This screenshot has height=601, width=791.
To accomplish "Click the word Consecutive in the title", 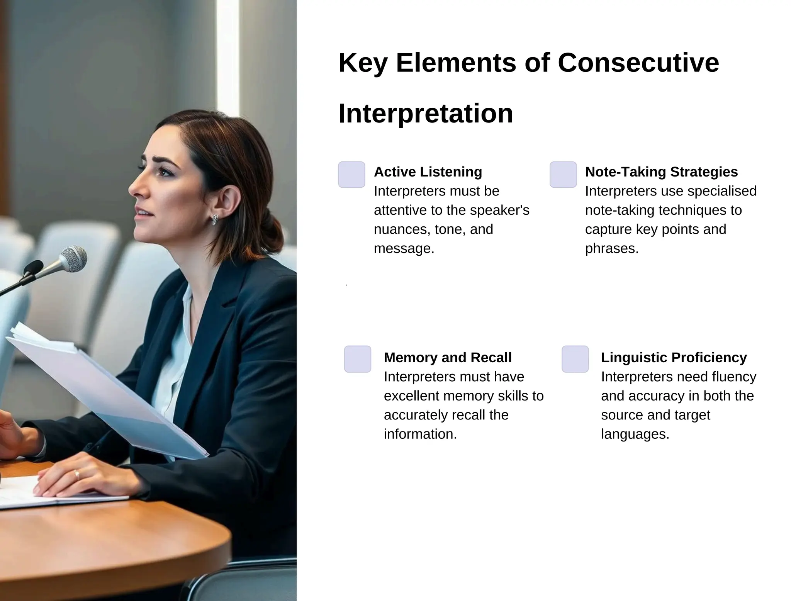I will [638, 63].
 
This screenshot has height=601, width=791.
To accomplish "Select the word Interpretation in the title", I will [426, 114].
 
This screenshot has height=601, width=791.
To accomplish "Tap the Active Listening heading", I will [428, 172].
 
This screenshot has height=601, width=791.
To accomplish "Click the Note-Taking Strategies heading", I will [661, 172].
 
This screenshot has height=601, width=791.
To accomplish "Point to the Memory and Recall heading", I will [448, 358].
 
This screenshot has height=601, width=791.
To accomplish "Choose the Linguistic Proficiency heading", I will [674, 358].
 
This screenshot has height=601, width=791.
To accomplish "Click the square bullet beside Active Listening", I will [351, 175].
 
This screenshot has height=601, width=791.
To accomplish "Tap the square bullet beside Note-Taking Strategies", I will [563, 175].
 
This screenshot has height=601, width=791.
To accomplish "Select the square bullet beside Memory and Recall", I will [358, 359].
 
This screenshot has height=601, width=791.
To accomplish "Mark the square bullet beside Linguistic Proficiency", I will [575, 359].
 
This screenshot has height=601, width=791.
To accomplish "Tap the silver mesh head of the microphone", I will [74, 259].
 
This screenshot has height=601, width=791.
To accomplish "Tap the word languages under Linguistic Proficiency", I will [635, 434].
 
